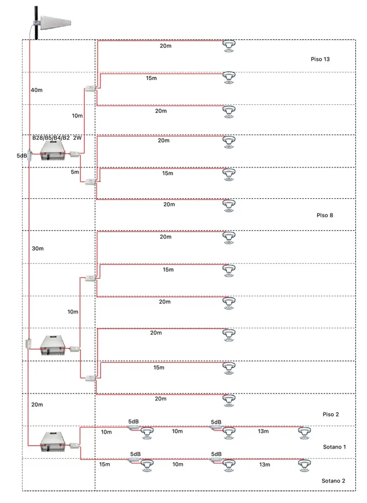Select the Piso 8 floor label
(x=325, y=215)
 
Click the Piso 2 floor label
(x=330, y=414)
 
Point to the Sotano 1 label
(x=334, y=447)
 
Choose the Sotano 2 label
(x=333, y=481)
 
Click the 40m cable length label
(x=36, y=90)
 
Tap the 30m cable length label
(x=37, y=248)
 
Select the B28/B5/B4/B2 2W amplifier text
(x=57, y=138)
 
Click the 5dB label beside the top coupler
(x=21, y=156)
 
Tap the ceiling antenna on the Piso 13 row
(x=231, y=43)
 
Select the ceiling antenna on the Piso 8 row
(x=231, y=205)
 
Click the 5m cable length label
(x=75, y=172)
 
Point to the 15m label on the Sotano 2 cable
(x=105, y=465)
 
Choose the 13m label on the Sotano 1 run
(x=263, y=432)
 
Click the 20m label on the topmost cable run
(x=165, y=45)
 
